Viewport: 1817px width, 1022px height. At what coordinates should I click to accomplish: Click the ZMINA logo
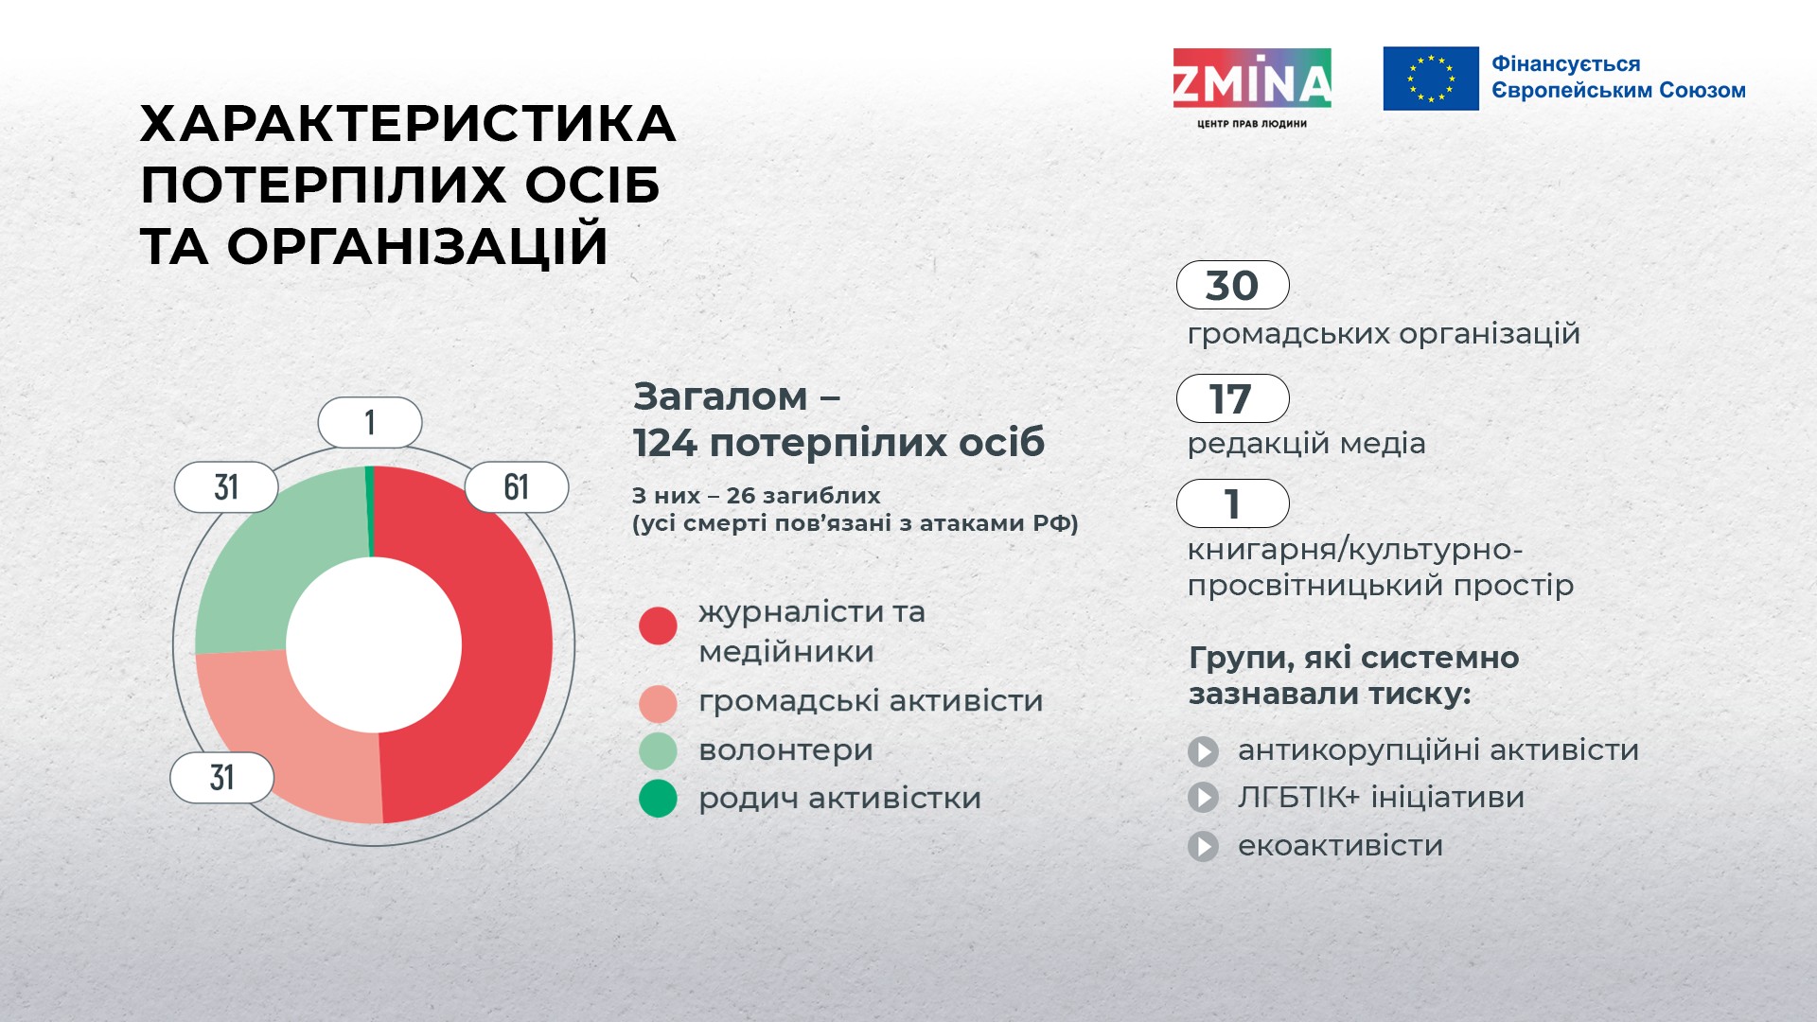(x=1252, y=88)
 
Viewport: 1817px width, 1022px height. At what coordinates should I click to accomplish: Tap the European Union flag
(x=1431, y=79)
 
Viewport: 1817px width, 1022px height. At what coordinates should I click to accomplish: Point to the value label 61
(x=516, y=487)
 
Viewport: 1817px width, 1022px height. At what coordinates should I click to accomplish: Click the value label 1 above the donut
(x=370, y=422)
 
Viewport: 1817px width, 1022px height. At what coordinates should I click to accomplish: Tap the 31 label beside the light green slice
(x=226, y=487)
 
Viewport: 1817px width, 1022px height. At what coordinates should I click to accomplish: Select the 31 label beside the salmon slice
(x=221, y=778)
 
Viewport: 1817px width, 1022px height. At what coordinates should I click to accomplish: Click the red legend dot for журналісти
(x=658, y=626)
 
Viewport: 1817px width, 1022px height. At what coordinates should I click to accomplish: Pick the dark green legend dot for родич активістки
(x=658, y=799)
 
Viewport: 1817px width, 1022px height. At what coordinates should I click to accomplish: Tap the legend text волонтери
(x=785, y=750)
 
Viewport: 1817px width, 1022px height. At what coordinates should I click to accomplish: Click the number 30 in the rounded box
(x=1232, y=286)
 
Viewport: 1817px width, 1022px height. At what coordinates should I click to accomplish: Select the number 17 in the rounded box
(x=1230, y=399)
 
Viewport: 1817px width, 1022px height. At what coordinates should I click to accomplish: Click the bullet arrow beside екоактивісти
(x=1203, y=846)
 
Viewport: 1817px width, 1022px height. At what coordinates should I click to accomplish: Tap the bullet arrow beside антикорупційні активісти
(x=1203, y=751)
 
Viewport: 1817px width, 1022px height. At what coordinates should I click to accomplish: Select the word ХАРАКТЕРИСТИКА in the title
(x=408, y=124)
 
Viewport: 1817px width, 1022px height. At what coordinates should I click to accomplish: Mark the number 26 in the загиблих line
(x=740, y=496)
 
